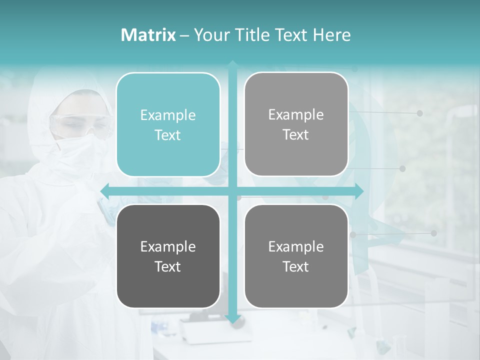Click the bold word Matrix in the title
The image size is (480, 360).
point(148,35)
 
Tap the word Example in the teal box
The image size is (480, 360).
point(168,115)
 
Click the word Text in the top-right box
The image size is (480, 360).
point(296,135)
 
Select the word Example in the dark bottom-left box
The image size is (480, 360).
point(168,246)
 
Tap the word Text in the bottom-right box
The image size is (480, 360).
point(296,266)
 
